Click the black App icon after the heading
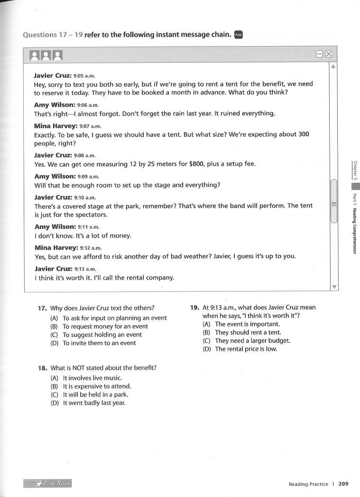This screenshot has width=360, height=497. pos(239,35)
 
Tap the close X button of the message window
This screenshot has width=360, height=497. pos(328,54)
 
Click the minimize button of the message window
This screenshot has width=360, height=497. pos(320,54)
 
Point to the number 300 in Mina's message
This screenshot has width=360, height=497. pos(304,134)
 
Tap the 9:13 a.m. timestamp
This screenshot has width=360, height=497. pos(85,269)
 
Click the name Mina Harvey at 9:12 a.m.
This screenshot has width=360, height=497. pos(56,248)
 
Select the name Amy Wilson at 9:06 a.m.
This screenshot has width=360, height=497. pos(55,105)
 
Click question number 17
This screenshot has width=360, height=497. pos(42,308)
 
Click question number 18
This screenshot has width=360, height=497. pos(42,368)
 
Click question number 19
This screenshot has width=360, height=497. pos(194,308)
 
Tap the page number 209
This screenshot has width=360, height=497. pos(343,484)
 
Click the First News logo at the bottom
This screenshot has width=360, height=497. pos(47,484)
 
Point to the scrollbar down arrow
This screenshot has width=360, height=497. pos(334,287)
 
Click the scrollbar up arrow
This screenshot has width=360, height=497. pos(334,66)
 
